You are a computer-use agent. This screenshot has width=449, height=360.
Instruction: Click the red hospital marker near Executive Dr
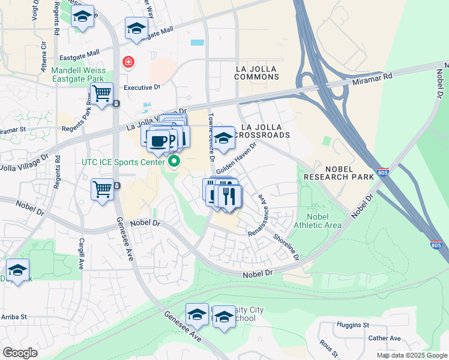coord(128,62)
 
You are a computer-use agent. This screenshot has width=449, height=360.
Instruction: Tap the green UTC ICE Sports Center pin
coord(175,161)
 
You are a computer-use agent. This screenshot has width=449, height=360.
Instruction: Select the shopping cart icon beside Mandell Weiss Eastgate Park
coord(101,93)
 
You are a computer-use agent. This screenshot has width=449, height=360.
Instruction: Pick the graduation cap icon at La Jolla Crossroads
coord(223,138)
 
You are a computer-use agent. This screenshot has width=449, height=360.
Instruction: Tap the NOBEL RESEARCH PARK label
coord(334,173)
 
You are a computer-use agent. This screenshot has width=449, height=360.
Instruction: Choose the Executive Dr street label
coord(142,87)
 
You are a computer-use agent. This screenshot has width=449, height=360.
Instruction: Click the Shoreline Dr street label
coord(286,246)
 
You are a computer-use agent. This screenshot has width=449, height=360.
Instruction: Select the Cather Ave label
coord(384,338)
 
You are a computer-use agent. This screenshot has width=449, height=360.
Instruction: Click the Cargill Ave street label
coord(80,252)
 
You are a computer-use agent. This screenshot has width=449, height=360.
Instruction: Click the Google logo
coord(20,352)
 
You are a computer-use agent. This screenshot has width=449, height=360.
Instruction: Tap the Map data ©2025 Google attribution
coord(411,355)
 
